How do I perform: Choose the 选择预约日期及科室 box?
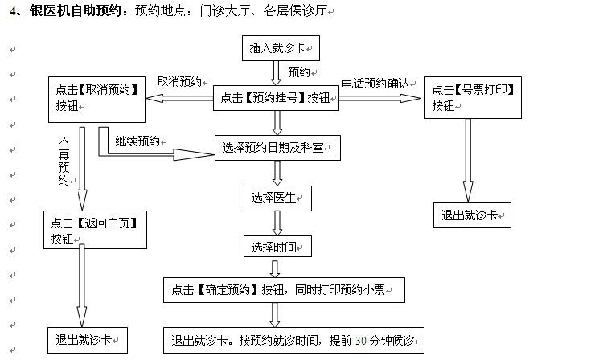pyautogui.click(x=278, y=147)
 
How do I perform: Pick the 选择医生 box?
pyautogui.click(x=277, y=197)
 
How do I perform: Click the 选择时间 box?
pyautogui.click(x=277, y=246)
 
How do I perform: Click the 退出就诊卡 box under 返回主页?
pyautogui.click(x=86, y=339)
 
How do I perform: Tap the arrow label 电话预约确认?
pyautogui.click(x=375, y=82)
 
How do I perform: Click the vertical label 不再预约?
pyautogui.click(x=64, y=162)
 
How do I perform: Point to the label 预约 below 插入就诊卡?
pyautogui.click(x=299, y=72)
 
